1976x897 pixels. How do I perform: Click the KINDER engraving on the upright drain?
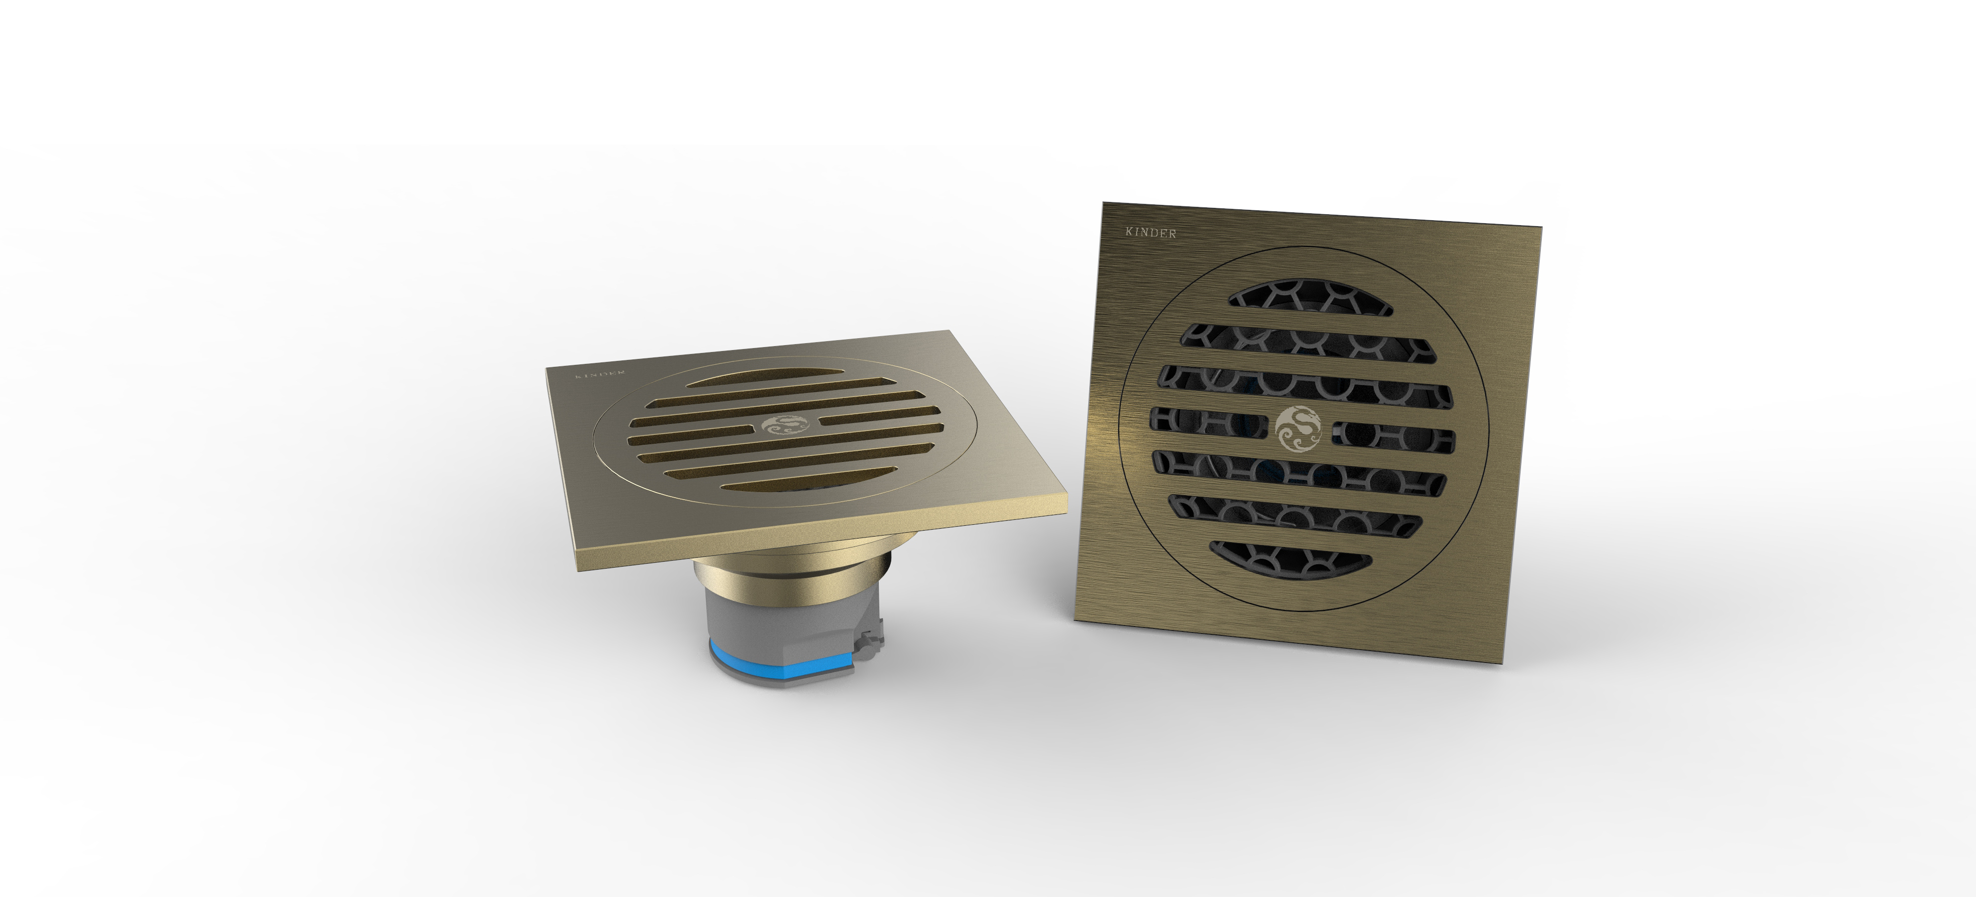coord(1150,232)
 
